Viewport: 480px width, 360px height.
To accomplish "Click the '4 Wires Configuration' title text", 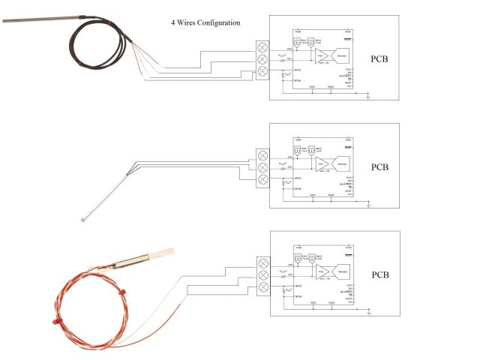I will click(205, 22).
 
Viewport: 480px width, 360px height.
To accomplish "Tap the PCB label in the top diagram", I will click(380, 58).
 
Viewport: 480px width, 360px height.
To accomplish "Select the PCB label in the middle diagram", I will click(380, 166).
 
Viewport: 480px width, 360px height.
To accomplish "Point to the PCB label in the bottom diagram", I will click(380, 274).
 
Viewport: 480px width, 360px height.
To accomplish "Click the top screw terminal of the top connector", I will click(262, 45).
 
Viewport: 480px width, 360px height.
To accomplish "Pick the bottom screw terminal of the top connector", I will click(262, 71).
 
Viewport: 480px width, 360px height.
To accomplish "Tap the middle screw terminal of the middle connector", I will click(262, 167).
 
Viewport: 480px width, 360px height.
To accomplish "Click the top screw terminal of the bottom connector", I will click(262, 263).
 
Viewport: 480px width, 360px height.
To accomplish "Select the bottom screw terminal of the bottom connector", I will click(262, 289).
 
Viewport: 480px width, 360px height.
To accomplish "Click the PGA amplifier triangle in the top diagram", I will click(322, 55).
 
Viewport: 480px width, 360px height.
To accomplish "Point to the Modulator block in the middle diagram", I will click(342, 162).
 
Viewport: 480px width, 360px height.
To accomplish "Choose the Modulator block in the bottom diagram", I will click(342, 270).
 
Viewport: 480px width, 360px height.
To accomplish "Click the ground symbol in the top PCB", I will click(368, 96).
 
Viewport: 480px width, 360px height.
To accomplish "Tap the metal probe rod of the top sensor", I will click(37, 17).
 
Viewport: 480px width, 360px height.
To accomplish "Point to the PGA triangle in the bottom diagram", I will click(322, 270).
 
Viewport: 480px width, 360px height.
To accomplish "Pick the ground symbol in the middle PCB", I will click(368, 204).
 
